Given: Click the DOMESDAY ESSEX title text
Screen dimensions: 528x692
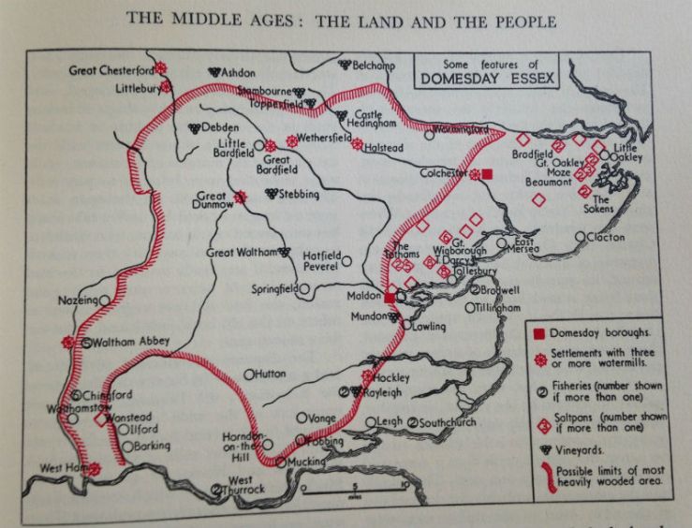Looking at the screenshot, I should (489, 81).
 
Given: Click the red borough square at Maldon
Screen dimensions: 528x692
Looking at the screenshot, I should (389, 298).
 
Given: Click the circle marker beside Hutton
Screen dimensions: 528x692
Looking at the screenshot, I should (249, 374).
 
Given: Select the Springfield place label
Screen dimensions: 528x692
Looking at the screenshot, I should (274, 289).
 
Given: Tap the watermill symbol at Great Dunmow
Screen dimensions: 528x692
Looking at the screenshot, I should (240, 198).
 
